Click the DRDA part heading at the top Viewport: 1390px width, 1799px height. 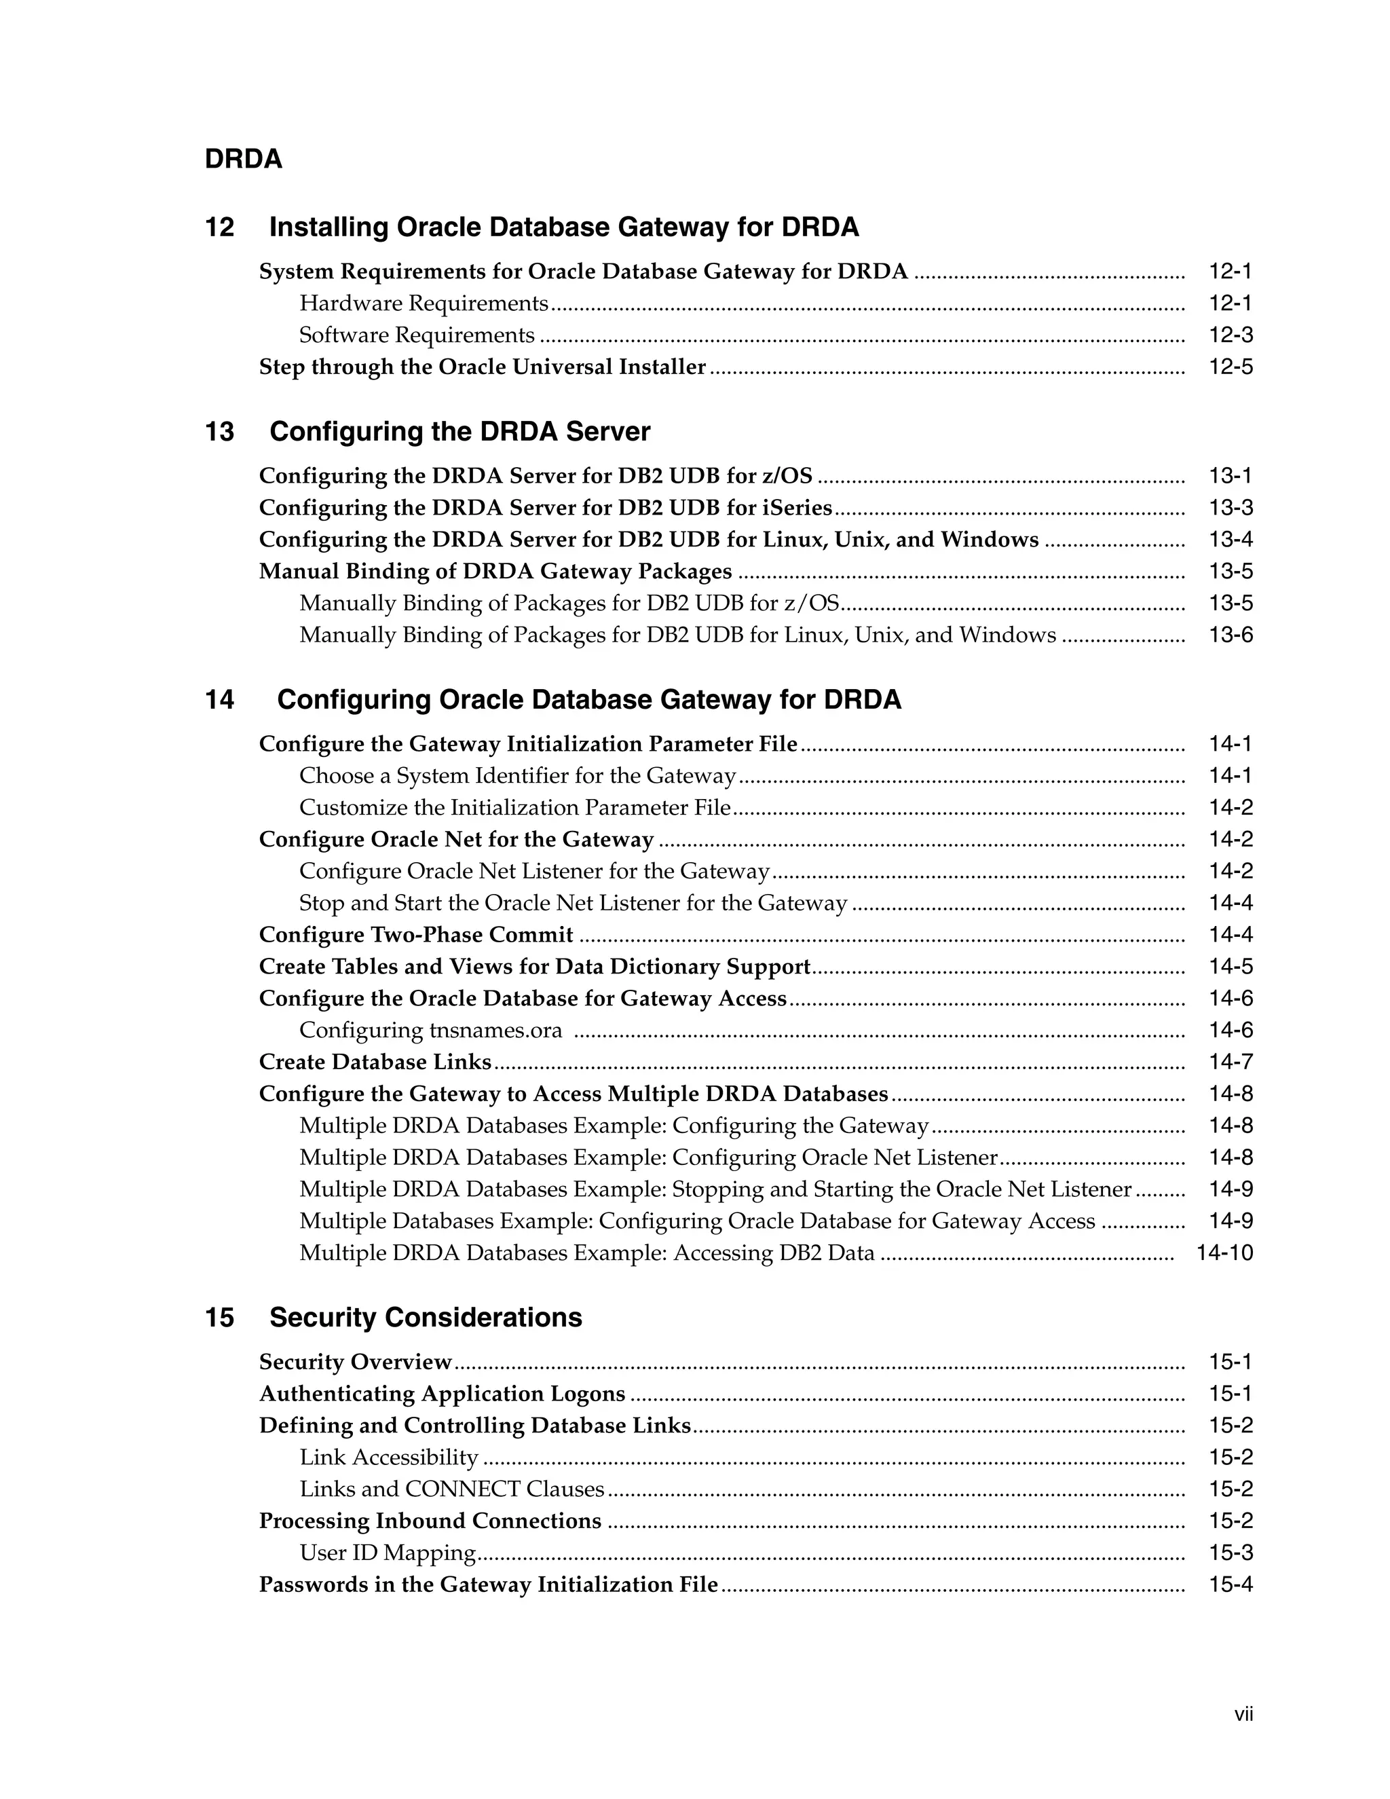(x=243, y=159)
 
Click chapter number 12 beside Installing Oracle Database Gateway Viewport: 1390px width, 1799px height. (x=219, y=227)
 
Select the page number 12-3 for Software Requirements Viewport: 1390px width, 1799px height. (x=1231, y=335)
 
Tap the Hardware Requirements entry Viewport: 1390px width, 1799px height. (x=424, y=304)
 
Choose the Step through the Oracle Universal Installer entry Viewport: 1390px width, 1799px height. (x=483, y=367)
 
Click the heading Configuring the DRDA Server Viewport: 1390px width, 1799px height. (x=459, y=432)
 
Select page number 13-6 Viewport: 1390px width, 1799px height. (x=1231, y=635)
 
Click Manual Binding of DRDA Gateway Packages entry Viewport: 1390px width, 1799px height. (x=495, y=572)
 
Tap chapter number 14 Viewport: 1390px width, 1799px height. (x=219, y=700)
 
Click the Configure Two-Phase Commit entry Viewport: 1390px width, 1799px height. (x=416, y=935)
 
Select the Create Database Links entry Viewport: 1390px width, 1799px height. (x=375, y=1062)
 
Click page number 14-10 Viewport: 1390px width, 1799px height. (x=1224, y=1254)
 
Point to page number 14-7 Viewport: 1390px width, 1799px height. (x=1231, y=1062)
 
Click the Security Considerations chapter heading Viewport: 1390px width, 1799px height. (x=425, y=1318)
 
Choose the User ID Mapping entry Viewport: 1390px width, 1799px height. (x=388, y=1553)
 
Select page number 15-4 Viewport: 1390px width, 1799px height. (x=1231, y=1585)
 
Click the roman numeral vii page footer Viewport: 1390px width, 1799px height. (x=1243, y=1715)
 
